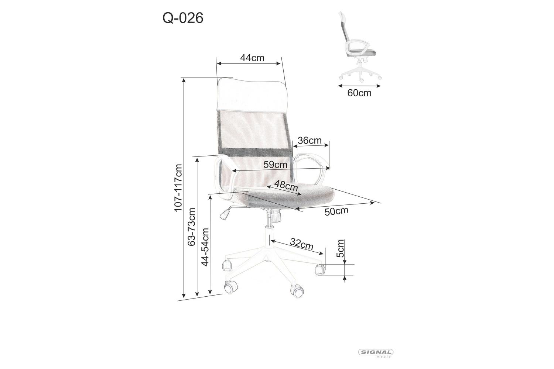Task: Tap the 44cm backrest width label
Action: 252,58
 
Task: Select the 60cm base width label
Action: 359,93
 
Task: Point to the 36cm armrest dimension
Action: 310,141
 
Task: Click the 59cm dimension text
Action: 275,165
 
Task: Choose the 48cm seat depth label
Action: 286,185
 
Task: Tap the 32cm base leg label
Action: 301,244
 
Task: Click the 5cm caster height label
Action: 341,248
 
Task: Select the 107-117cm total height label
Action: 178,188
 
